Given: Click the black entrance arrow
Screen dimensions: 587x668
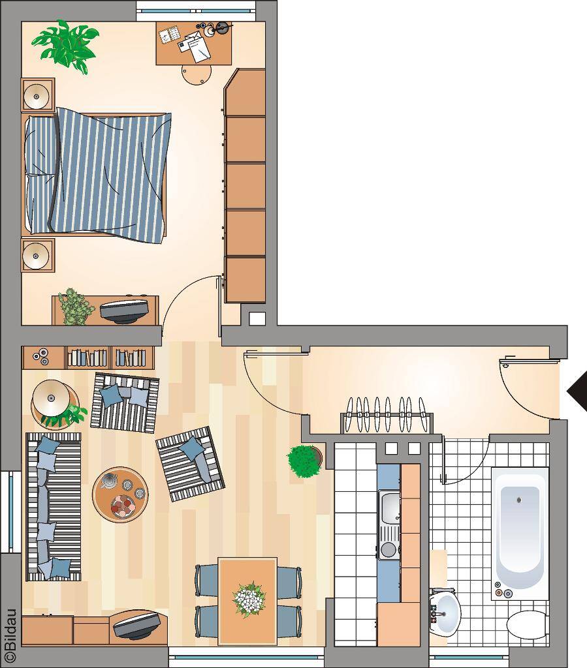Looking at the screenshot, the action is click(578, 392).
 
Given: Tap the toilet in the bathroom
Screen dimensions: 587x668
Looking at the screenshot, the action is click(528, 626).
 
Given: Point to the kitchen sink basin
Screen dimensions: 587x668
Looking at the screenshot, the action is click(389, 507).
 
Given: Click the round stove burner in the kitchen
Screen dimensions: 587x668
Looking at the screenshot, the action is click(389, 549).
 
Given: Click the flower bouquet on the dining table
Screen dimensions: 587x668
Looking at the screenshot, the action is click(249, 600).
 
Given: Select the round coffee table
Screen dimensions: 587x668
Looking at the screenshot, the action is click(121, 494).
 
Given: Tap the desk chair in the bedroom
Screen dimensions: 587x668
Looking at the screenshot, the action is click(196, 75).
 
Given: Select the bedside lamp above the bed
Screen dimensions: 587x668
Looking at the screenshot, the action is click(37, 96).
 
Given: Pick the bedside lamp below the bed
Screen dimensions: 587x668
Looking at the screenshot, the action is click(37, 256).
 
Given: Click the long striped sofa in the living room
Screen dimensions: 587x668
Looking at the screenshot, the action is click(54, 507).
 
